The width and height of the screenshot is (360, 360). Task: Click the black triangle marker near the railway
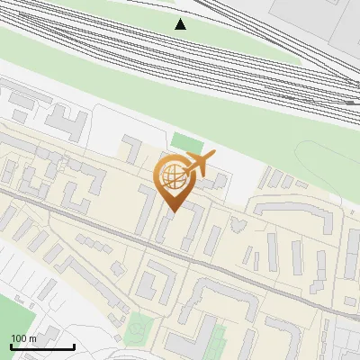click(181, 24)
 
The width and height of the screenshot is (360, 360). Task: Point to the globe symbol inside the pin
click(172, 176)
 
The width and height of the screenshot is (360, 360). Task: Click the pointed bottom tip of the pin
click(173, 211)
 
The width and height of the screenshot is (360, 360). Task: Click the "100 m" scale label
click(23, 337)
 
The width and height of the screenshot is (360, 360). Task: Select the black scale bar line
click(42, 346)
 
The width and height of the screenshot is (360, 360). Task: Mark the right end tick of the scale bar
click(74, 345)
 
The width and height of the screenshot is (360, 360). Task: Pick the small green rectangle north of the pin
click(187, 142)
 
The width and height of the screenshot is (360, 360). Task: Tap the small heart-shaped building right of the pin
click(238, 222)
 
